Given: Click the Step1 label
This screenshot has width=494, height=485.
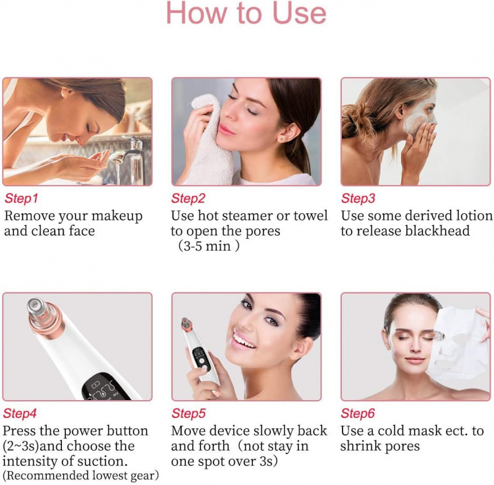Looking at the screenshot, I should pos(22,198).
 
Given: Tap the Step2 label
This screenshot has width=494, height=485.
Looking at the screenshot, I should pos(189,198).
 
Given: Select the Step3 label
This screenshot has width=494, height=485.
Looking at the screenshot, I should pos(358,198).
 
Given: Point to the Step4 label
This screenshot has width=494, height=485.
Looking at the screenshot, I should pos(20,414).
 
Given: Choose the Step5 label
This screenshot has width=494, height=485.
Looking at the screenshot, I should pos(189,414).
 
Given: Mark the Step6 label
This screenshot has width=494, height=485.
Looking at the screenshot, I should pos(358,414).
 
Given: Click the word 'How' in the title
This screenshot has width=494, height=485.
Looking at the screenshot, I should pos(194,13).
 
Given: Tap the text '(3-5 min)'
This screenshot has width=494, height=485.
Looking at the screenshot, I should pos(209,246).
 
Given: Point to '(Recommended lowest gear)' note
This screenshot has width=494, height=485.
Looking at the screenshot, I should pos(80,475).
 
